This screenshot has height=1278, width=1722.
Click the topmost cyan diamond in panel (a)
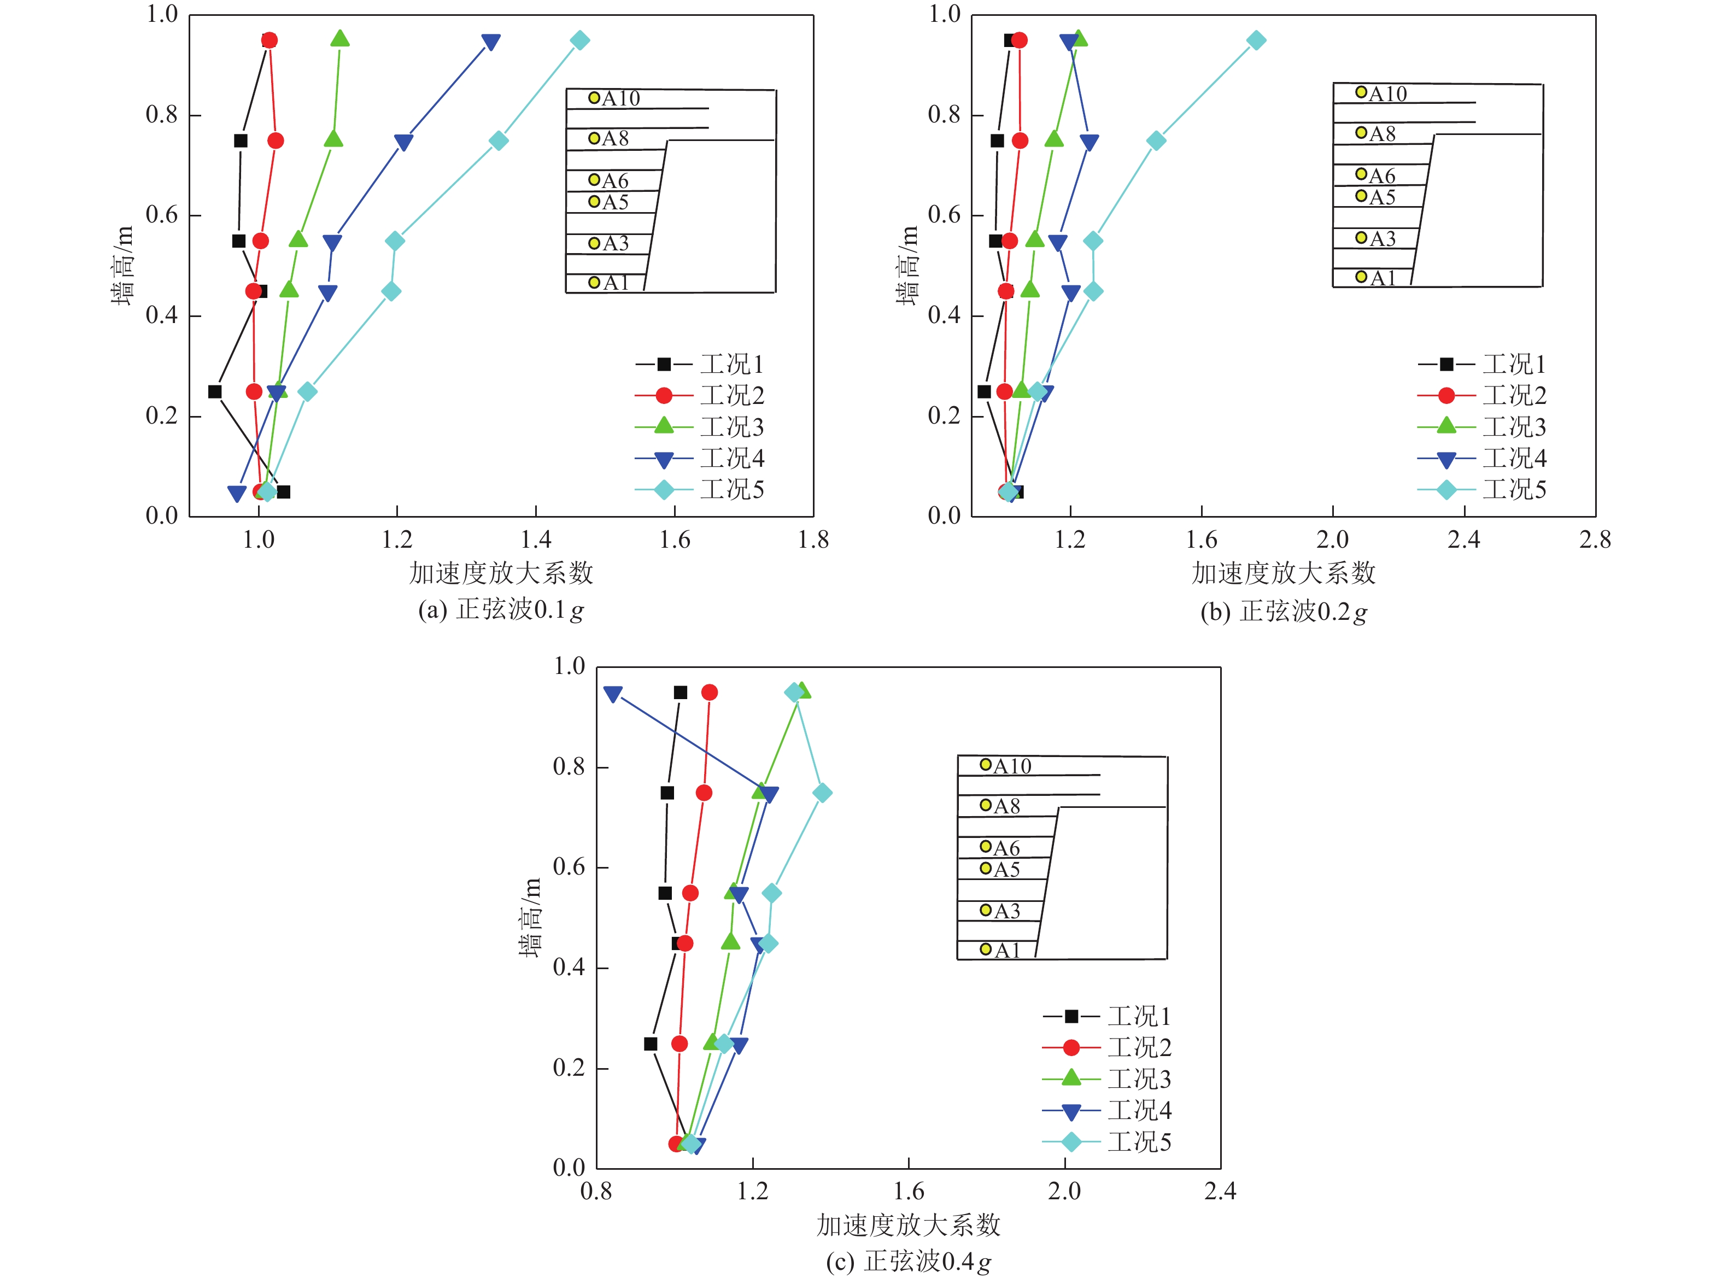tap(579, 40)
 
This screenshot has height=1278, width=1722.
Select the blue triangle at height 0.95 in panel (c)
tap(613, 694)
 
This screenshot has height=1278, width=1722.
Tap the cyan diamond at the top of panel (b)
tap(1256, 40)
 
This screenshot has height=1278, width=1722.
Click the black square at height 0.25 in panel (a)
tap(215, 391)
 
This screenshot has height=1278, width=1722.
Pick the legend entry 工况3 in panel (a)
tap(731, 427)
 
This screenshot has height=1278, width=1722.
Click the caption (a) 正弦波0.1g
tap(501, 611)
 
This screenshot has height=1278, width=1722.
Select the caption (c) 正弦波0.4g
tap(908, 1262)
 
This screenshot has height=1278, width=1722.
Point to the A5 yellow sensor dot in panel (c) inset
tap(986, 869)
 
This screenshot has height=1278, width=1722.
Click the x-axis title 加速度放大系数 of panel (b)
tap(1284, 573)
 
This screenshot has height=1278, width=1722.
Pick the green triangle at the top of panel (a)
tap(339, 39)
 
